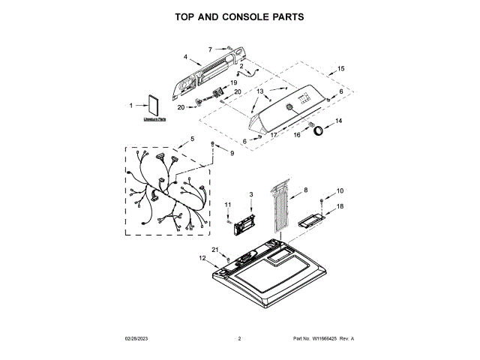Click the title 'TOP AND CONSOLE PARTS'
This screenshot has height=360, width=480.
click(240, 16)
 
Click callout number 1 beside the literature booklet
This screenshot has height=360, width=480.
click(131, 106)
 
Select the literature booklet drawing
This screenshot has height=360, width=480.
click(154, 106)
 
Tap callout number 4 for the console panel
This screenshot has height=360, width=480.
click(185, 56)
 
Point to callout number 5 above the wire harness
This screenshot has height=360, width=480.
click(192, 139)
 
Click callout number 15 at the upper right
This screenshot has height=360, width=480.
click(341, 68)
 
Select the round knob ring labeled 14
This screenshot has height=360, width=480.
click(320, 131)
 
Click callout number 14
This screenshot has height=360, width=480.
click(338, 121)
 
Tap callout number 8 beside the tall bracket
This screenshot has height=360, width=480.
click(305, 190)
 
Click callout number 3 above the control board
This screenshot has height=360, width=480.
click(251, 194)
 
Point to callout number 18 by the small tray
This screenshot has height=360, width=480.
click(339, 206)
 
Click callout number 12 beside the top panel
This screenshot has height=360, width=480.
click(202, 258)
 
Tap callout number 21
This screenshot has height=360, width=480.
click(214, 250)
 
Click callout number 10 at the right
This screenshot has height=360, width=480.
click(339, 190)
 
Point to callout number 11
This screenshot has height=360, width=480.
click(228, 205)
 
